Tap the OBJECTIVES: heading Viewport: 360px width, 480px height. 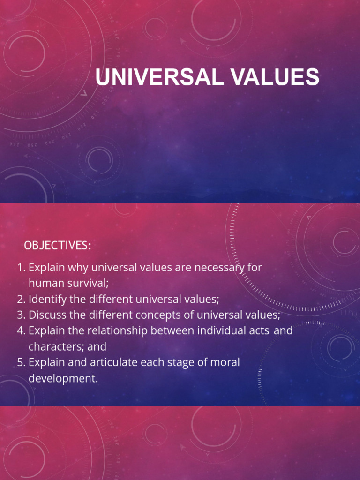(x=57, y=246)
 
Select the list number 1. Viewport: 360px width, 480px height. (x=21, y=268)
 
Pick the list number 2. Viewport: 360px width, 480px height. (x=21, y=299)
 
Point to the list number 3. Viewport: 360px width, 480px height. (x=21, y=315)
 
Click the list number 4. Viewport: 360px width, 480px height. (x=21, y=331)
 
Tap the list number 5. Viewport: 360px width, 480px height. (x=21, y=362)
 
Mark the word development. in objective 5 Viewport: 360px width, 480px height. (x=63, y=378)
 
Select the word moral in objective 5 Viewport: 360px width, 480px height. (x=225, y=362)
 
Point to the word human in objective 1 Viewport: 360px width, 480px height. (x=45, y=284)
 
